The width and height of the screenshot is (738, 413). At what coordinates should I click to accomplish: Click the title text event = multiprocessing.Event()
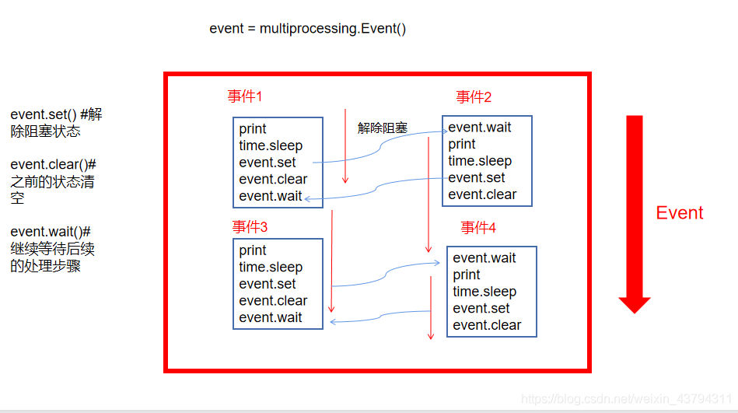point(308,29)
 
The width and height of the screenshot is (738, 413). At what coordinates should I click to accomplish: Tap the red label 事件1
point(245,96)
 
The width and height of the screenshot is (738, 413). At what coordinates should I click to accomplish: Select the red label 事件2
point(474,97)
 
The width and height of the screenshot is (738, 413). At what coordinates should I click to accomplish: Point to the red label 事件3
point(250,227)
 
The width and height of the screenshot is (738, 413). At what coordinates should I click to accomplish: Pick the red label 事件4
point(478,228)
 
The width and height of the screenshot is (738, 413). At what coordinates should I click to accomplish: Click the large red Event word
point(679,213)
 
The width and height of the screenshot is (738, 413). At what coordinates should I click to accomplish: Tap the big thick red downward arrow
point(635,213)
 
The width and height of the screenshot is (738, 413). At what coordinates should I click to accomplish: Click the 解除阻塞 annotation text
point(383,128)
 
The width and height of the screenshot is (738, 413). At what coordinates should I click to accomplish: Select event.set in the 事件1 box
point(268,163)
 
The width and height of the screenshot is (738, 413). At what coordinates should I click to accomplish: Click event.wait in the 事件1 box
point(271,196)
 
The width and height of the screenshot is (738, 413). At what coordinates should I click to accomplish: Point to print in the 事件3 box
point(253,250)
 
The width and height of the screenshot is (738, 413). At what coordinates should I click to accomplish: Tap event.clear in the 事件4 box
point(487,325)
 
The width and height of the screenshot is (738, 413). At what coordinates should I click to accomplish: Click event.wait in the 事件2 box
point(480,128)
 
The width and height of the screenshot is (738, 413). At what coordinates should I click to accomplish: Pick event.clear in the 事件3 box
point(273,301)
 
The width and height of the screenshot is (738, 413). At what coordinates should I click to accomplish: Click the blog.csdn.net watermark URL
point(626,399)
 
